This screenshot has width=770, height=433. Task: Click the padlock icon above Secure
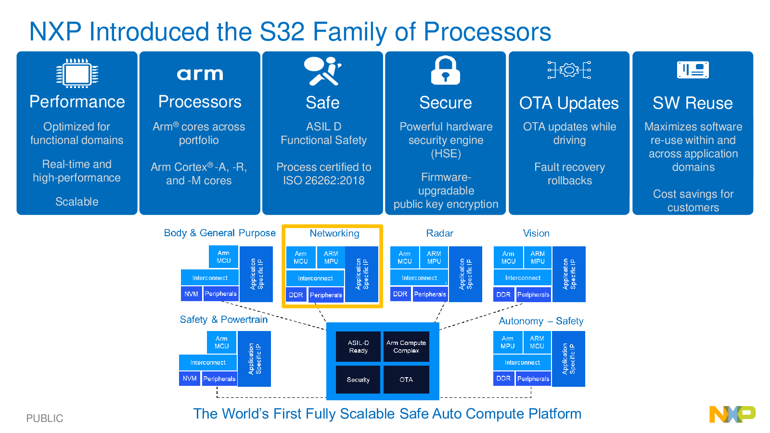(x=446, y=70)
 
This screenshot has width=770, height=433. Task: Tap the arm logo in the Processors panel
(x=200, y=74)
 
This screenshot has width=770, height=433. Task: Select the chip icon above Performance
(x=77, y=74)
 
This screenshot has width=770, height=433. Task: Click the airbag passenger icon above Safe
(x=322, y=71)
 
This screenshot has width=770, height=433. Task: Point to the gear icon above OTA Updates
(x=569, y=70)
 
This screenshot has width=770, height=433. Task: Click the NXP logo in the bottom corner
(x=732, y=414)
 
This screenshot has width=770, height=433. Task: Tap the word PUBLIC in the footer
(x=45, y=418)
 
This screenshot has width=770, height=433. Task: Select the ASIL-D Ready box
(x=358, y=346)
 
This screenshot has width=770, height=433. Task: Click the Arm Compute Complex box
(x=406, y=346)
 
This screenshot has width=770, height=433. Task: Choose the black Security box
(x=358, y=380)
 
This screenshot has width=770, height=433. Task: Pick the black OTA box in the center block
(x=406, y=380)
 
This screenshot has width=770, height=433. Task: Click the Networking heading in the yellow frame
(x=334, y=233)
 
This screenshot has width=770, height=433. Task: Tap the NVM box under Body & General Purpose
(x=191, y=294)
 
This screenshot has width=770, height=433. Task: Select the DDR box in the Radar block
(x=400, y=294)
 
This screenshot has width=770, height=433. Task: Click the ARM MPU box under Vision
(x=538, y=257)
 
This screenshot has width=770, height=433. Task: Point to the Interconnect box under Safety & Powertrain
(x=208, y=363)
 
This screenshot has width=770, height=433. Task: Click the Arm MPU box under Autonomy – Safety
(x=508, y=342)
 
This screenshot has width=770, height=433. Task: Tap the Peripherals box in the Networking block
(x=326, y=295)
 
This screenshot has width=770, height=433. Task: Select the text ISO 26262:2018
(x=324, y=180)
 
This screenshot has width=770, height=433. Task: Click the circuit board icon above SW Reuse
(x=693, y=70)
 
